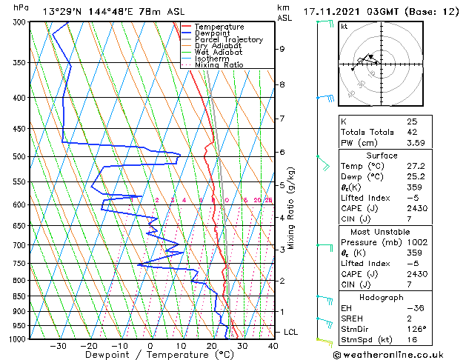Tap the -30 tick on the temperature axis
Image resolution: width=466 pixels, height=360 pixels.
[58, 346]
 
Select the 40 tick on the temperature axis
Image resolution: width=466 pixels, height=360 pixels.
[273, 346]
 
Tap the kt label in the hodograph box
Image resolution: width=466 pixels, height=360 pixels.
[344, 26]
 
